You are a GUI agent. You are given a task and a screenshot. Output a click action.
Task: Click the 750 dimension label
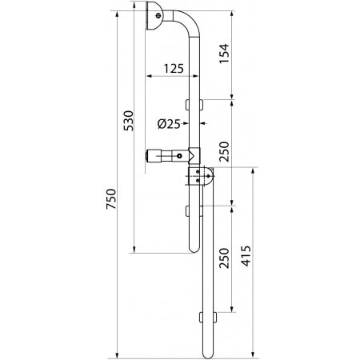(x=111, y=198)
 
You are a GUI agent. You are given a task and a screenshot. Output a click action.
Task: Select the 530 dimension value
(x=129, y=121)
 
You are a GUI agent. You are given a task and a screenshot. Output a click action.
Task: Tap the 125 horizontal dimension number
(x=174, y=69)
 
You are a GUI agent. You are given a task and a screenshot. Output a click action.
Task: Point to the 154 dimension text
(x=224, y=54)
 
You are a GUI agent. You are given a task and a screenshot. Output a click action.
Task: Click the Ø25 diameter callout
(x=169, y=124)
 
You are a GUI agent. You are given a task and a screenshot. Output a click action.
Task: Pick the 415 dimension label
(x=246, y=256)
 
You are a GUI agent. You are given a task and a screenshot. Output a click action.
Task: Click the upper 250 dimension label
(x=224, y=151)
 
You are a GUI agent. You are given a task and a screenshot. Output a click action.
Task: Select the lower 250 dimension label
(x=224, y=258)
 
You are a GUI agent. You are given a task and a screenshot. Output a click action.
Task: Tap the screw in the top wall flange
(x=158, y=16)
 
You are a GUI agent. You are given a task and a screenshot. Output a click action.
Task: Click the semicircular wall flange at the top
(x=154, y=16)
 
